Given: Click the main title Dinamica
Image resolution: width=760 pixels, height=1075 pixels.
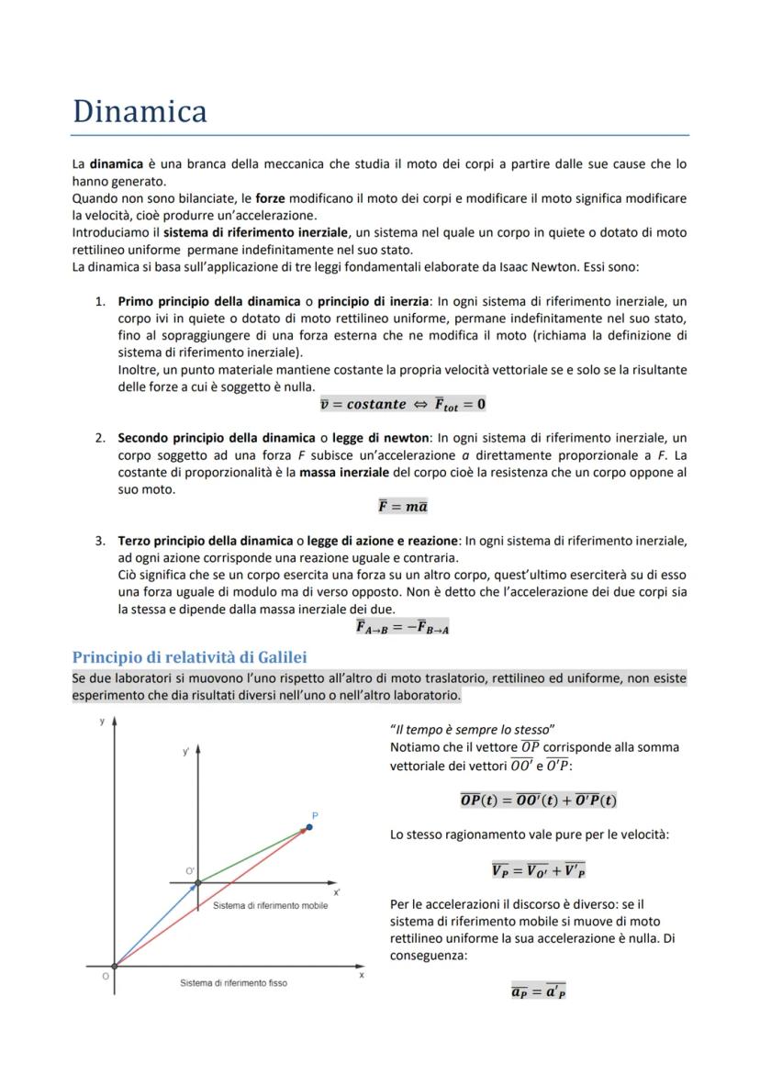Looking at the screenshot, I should (140, 111).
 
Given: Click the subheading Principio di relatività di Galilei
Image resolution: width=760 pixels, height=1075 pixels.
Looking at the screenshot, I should (189, 656).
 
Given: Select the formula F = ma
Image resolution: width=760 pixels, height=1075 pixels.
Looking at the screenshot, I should (403, 507).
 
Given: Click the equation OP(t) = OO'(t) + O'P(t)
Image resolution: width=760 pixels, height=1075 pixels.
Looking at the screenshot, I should (539, 800).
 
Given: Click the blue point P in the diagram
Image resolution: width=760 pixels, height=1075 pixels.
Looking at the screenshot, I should (309, 827).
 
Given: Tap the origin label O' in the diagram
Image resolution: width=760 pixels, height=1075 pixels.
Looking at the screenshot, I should (190, 870).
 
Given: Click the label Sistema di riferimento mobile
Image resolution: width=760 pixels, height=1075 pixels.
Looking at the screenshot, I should (270, 905).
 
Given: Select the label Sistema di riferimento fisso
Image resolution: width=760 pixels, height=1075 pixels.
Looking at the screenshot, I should (233, 982).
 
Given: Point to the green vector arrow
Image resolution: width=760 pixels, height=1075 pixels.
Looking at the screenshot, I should (252, 856).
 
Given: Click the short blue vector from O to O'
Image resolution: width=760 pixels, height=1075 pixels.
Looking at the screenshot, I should (156, 924).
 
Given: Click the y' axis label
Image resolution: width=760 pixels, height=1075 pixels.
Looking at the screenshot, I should (185, 752).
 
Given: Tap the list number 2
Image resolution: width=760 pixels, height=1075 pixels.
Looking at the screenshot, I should (100, 438).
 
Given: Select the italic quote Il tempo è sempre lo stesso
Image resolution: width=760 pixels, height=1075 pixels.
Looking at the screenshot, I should (473, 729).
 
